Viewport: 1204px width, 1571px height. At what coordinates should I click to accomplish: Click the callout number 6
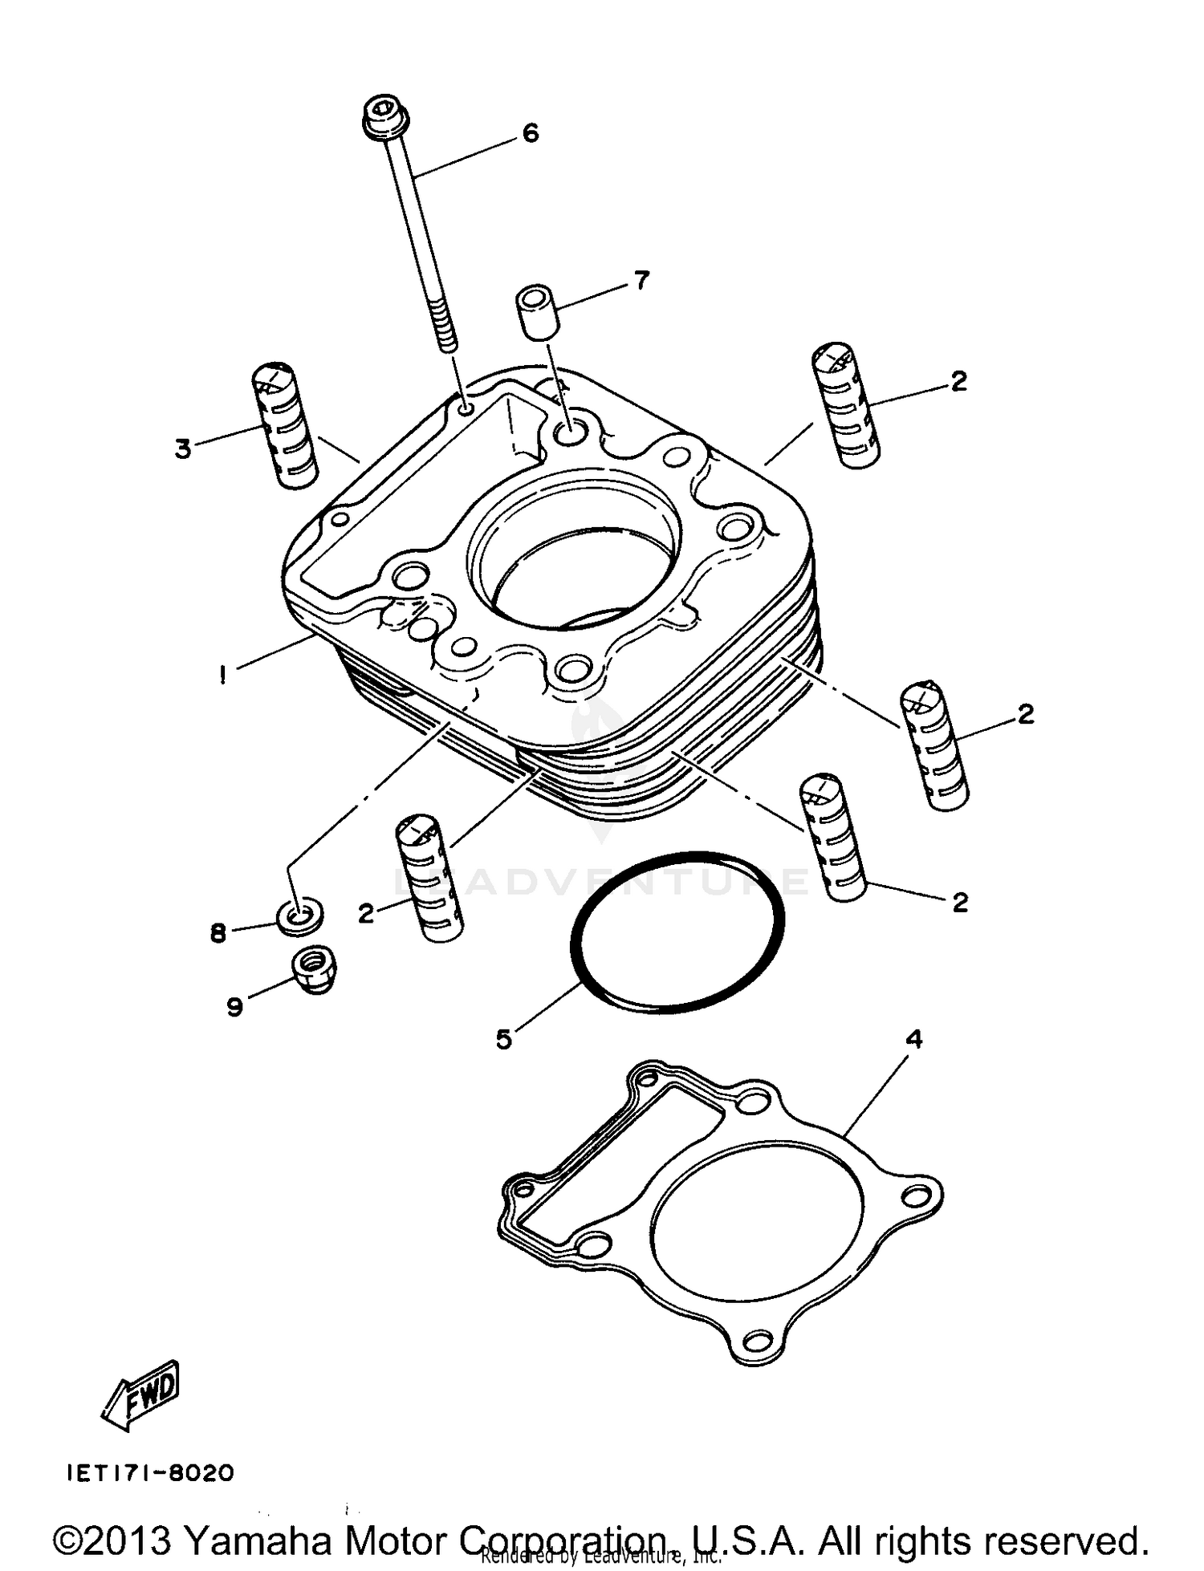tap(531, 133)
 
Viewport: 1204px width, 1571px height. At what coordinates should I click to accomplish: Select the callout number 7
tap(641, 281)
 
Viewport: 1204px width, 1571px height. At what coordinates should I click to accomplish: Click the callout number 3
tap(183, 449)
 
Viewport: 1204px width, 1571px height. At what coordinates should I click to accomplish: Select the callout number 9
tap(234, 1006)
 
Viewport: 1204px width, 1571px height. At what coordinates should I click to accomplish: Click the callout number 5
tap(503, 1040)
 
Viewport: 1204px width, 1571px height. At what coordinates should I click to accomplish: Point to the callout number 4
tap(914, 1039)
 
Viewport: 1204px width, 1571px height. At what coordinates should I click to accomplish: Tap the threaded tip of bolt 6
tap(446, 334)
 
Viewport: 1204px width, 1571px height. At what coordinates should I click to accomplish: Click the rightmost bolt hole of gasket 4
tap(914, 1196)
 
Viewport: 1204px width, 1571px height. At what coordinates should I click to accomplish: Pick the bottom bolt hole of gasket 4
tap(755, 1341)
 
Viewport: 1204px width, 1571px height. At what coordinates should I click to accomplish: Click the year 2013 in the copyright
tap(131, 1540)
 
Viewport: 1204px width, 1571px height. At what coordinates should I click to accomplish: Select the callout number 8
tap(218, 933)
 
